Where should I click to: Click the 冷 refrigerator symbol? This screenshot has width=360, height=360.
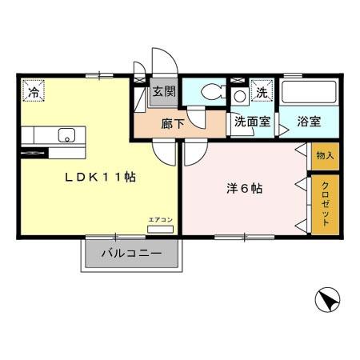(x=34, y=93)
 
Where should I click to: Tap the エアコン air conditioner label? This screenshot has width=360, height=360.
(x=160, y=218)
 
